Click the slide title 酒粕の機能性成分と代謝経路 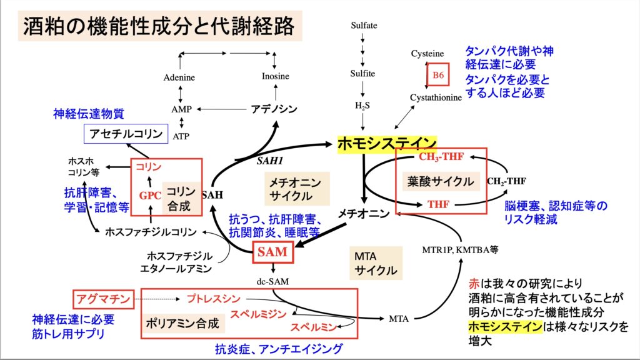(159, 26)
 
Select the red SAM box (272, 252)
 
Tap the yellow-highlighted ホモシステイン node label (387, 144)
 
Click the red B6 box (438, 75)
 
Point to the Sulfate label (364, 25)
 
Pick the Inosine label (276, 76)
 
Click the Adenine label (179, 77)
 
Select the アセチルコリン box (126, 134)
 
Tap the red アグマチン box (104, 299)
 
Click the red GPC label (150, 196)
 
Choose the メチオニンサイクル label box (297, 189)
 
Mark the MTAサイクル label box (376, 263)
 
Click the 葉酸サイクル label (441, 181)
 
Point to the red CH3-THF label (441, 157)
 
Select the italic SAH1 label (270, 161)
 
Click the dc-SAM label (272, 282)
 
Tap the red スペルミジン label (258, 314)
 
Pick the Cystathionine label (436, 97)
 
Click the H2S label (362, 106)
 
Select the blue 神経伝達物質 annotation (89, 114)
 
